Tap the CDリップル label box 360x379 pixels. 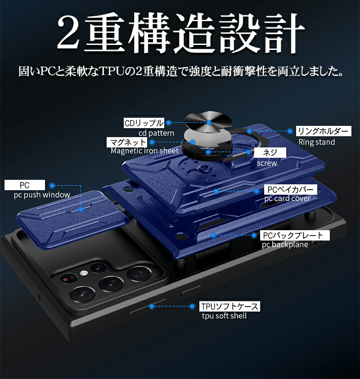[144, 123]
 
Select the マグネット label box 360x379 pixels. [127, 142]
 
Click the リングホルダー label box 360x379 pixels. [324, 131]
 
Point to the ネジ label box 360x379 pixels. [270, 152]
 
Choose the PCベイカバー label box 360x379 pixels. [291, 190]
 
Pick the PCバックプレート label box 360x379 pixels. [295, 235]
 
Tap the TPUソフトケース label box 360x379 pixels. [229, 306]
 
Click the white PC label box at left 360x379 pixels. [25, 185]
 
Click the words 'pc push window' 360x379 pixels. [42, 195]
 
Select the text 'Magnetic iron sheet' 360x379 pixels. [144, 151]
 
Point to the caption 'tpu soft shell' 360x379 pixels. [224, 316]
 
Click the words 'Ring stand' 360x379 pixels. [316, 142]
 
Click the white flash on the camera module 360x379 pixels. [83, 273]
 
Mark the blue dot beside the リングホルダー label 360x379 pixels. [290, 131]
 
